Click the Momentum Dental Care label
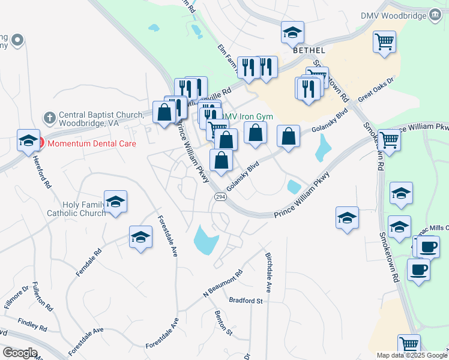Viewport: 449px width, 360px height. pos(92,144)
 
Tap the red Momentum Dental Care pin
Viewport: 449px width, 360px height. pos(40,143)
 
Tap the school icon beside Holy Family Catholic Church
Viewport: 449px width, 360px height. pos(116,202)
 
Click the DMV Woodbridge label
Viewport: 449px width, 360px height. pos(393,16)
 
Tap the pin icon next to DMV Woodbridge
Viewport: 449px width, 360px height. pos(434,14)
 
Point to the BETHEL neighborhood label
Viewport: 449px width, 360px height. pos(309,51)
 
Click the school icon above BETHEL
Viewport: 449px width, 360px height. pos(292,33)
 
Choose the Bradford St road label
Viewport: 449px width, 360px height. pos(246,300)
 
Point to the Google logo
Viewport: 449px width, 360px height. pos(19,353)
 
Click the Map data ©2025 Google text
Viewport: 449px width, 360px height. pos(412,355)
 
